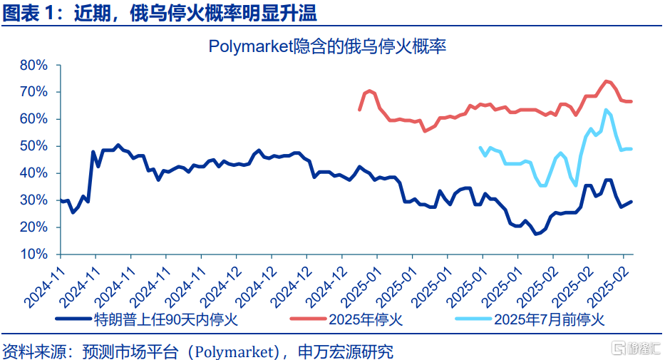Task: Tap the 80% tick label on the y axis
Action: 33,66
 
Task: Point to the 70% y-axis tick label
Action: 33,93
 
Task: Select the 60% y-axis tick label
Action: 33,120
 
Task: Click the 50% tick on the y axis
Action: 33,147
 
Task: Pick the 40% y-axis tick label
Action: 33,173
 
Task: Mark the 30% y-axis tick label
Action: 33,200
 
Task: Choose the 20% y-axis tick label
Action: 33,227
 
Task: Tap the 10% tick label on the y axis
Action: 33,254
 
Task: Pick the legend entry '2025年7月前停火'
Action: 548,319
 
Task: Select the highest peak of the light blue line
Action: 606,110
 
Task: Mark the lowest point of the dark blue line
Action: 537,234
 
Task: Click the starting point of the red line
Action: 359,110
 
